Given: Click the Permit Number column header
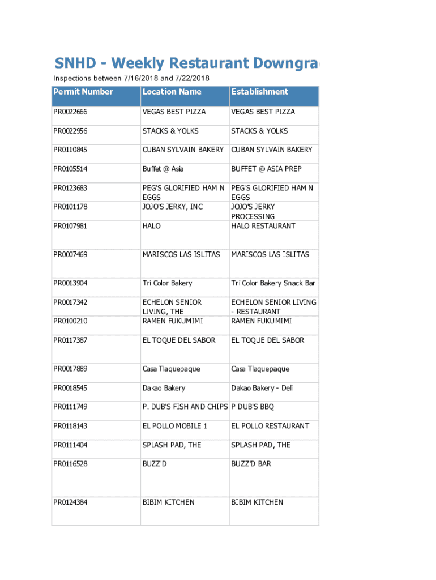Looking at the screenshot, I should (83, 92).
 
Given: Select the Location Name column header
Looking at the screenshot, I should (172, 92).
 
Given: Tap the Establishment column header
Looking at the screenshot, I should (259, 92).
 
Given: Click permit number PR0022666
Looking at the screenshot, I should (70, 112).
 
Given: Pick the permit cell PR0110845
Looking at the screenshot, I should (70, 150).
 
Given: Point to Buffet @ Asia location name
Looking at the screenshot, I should (163, 169).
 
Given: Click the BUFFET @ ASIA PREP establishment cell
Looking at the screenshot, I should (266, 169).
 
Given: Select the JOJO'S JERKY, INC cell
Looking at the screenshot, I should (172, 207).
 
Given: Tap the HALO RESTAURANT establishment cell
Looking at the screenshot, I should (263, 226).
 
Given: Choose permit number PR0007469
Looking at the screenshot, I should (70, 255).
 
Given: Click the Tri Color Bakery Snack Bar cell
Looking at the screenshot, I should (273, 283).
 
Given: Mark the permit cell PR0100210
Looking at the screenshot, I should (70, 321).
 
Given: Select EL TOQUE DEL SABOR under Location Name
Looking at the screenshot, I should (179, 340).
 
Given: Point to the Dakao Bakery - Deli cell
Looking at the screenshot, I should (262, 388).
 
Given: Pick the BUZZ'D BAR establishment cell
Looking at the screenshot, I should (251, 464).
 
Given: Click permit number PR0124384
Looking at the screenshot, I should (70, 502).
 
